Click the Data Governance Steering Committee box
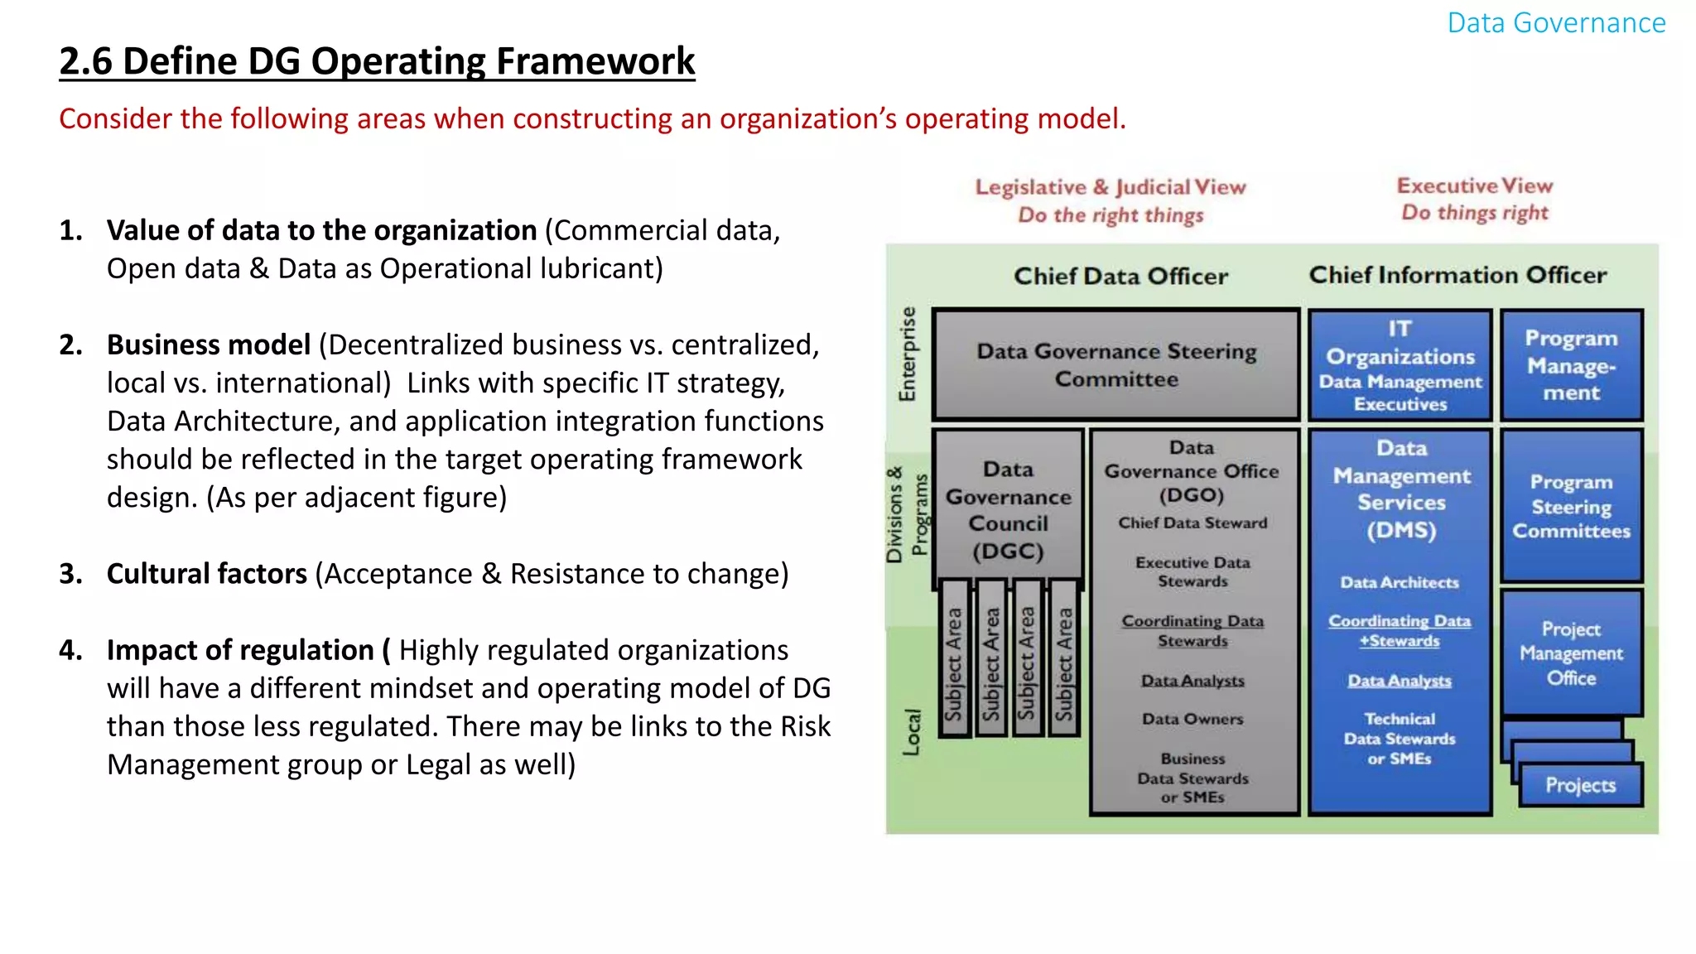pos(1115,364)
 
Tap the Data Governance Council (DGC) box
pos(1008,509)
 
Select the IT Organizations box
pos(1400,364)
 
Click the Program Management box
pos(1571,365)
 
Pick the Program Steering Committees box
pos(1571,506)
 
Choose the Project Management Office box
pos(1571,653)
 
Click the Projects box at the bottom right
pos(1580,785)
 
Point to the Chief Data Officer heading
pos(1120,277)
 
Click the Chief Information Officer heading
pos(1457,275)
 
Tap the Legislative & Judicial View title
pos(1111,187)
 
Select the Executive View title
pos(1475,185)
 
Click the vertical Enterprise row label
pos(908,354)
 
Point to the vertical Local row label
pos(912,732)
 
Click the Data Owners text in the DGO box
pos(1192,719)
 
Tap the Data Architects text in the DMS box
pos(1400,583)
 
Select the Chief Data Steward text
pos(1192,523)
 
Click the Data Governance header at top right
pos(1556,23)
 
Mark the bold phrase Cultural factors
pos(207,574)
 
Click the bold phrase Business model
pos(209,344)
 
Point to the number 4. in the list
pos(71,651)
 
